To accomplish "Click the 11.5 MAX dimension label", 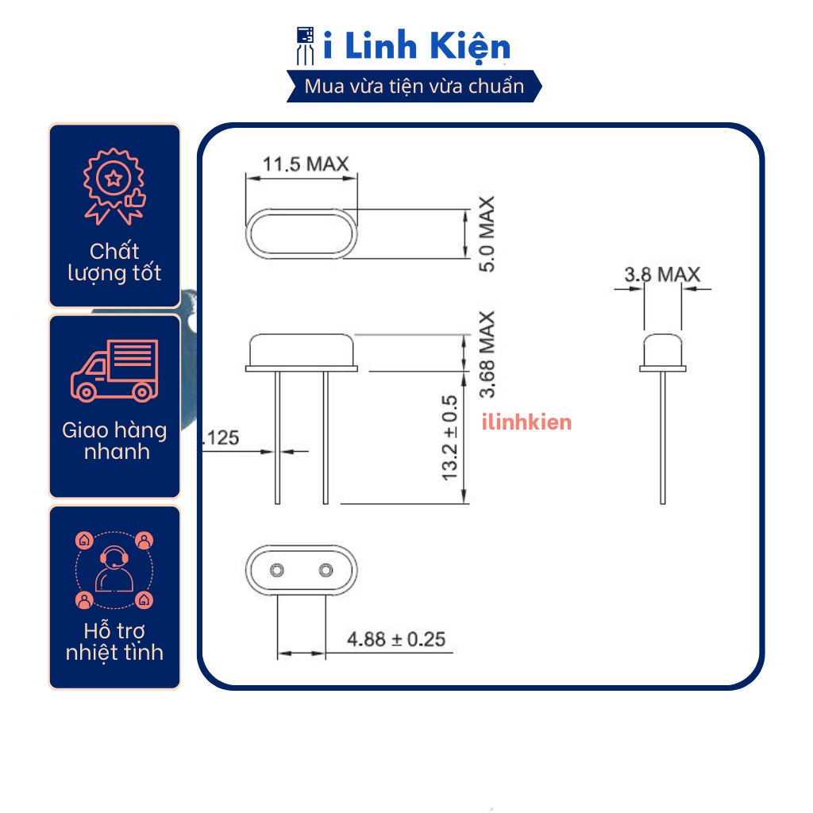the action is click(306, 165).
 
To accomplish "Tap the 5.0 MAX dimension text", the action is click(486, 234).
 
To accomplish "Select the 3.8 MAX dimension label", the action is click(662, 275).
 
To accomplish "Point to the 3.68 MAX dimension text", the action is click(486, 353).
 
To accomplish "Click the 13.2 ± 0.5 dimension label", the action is click(450, 437).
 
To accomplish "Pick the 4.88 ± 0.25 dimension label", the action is click(397, 639).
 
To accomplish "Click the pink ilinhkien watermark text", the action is click(526, 422).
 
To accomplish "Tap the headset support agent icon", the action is click(114, 568).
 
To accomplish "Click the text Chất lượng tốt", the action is click(114, 263).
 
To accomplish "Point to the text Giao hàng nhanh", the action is click(114, 441).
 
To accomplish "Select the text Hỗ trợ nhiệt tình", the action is click(114, 642).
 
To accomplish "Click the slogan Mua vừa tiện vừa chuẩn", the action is click(414, 87).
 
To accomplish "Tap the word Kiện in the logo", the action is click(472, 47).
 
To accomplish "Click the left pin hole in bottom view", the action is click(277, 570).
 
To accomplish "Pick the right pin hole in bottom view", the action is click(326, 570).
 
